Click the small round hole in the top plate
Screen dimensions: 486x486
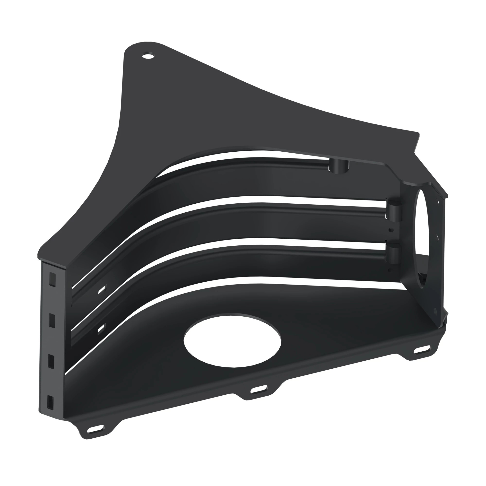(x=148, y=55)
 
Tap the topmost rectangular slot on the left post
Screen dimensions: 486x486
(x=52, y=279)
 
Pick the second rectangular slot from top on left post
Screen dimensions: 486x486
(x=52, y=321)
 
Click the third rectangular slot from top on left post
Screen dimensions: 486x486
(x=51, y=362)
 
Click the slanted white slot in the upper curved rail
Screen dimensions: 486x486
(x=102, y=290)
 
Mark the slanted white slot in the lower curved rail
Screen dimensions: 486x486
(x=102, y=328)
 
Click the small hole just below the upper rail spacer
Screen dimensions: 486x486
(x=391, y=229)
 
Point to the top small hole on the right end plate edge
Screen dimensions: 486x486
(x=438, y=201)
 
